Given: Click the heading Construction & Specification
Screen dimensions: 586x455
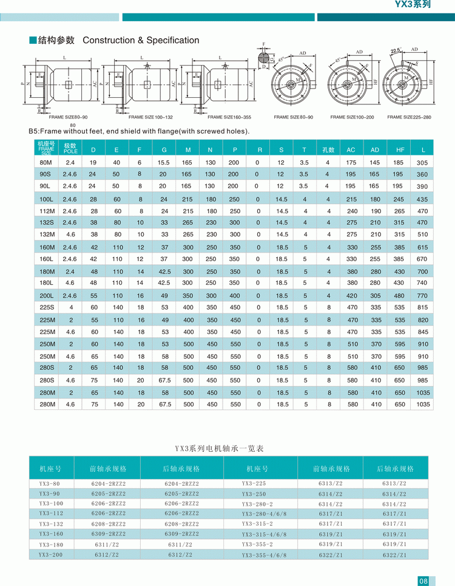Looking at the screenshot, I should (141, 41).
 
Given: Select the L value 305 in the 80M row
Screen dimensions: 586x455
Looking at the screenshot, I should (422, 163).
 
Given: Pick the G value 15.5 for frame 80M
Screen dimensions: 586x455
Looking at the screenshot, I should (163, 162).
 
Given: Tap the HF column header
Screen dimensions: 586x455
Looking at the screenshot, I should (399, 149).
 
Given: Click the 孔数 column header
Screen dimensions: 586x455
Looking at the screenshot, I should (328, 149).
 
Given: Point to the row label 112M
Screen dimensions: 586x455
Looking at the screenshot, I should (47, 211).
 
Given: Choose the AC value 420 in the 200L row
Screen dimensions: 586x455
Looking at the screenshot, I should (352, 296).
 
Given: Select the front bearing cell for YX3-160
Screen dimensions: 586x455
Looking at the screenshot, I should (109, 534).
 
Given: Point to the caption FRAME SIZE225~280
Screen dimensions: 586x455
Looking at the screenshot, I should (409, 117).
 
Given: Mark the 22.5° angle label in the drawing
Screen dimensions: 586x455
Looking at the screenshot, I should (396, 51).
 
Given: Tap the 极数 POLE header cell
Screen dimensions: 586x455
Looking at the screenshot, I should (70, 149).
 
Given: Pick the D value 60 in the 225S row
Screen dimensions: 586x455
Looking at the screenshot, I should (94, 308).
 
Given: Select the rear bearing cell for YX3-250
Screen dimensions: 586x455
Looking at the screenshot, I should (394, 494).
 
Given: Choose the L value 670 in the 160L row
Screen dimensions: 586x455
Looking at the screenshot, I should (422, 259).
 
